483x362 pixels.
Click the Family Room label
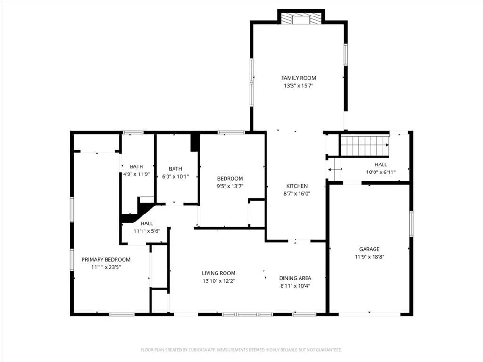tap(298, 78)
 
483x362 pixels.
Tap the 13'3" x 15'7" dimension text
tap(298, 86)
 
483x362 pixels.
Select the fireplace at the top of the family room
tap(301, 18)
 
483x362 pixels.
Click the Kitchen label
tap(297, 186)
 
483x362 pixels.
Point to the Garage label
tap(369, 249)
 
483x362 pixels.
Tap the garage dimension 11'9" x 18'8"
tap(369, 257)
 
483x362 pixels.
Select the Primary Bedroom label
tap(106, 260)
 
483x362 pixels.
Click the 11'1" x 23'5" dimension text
tap(106, 267)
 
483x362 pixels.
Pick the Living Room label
tap(219, 273)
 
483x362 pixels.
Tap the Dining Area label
tap(295, 278)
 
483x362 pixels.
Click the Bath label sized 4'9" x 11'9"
tap(136, 166)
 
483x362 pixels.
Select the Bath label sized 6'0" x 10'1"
tap(175, 169)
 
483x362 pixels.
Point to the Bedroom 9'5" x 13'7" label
tap(230, 179)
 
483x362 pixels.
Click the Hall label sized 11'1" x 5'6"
tap(147, 223)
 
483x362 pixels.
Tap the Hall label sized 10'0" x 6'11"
tap(381, 165)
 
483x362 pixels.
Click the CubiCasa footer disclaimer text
tap(241, 350)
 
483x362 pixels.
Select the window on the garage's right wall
tap(411, 224)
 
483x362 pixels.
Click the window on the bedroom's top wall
tap(231, 132)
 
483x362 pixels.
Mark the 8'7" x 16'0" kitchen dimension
tap(297, 194)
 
